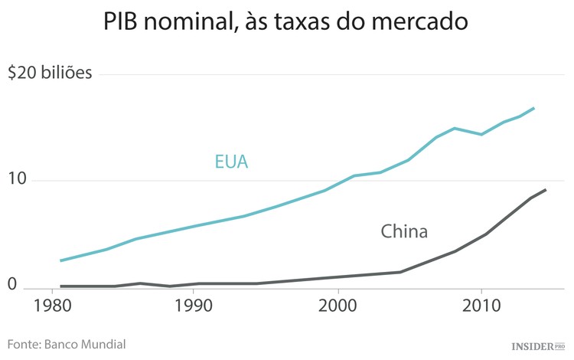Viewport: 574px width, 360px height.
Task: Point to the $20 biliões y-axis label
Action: [x=50, y=74]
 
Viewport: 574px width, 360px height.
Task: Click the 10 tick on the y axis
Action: [x=17, y=180]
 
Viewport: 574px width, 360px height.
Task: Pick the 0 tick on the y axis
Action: [x=12, y=285]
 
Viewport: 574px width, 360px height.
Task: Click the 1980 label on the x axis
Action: [x=54, y=306]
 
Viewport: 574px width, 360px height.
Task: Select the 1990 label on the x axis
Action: [x=194, y=306]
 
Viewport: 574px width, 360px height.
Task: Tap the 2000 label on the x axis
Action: [x=338, y=306]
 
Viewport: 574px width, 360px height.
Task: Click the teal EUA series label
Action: [x=232, y=162]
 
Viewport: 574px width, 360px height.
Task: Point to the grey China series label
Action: [x=404, y=231]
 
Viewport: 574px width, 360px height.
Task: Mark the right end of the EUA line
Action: [x=534, y=108]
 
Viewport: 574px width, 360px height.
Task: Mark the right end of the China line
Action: [x=546, y=189]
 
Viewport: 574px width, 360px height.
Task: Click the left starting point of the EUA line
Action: [x=60, y=260]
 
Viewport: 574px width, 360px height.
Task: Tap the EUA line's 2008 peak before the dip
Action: [x=455, y=128]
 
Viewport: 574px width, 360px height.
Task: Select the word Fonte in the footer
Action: [x=24, y=344]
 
